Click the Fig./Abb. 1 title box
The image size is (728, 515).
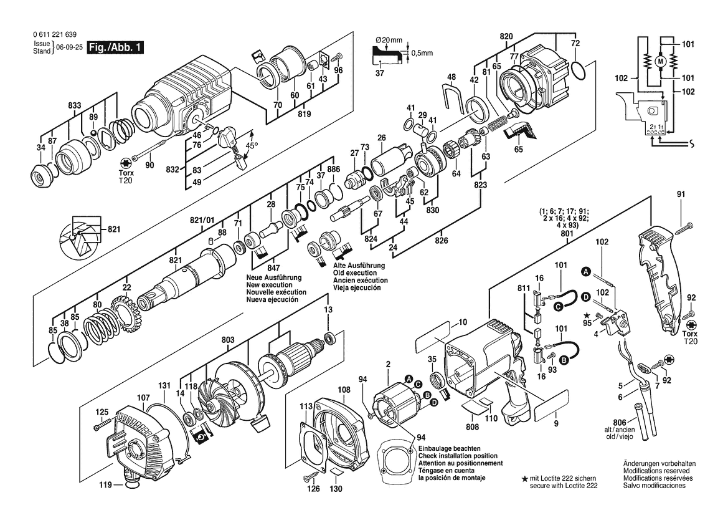click(116, 47)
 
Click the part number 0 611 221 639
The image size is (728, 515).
click(55, 35)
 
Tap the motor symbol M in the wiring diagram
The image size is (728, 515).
click(659, 61)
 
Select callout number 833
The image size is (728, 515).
click(75, 105)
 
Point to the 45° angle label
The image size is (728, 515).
click(251, 145)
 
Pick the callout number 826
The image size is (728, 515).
click(442, 240)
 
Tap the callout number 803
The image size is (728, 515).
click(227, 340)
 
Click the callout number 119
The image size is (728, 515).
click(105, 486)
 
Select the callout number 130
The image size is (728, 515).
click(336, 489)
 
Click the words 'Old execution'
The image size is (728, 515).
click(355, 273)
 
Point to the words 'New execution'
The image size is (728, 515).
click(269, 285)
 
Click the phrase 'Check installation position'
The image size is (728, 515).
click(458, 456)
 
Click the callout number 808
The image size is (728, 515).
click(472, 426)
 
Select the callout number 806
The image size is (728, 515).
click(620, 423)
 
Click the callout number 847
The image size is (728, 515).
click(273, 267)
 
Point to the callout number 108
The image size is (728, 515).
click(344, 390)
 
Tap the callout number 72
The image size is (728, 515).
click(575, 43)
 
